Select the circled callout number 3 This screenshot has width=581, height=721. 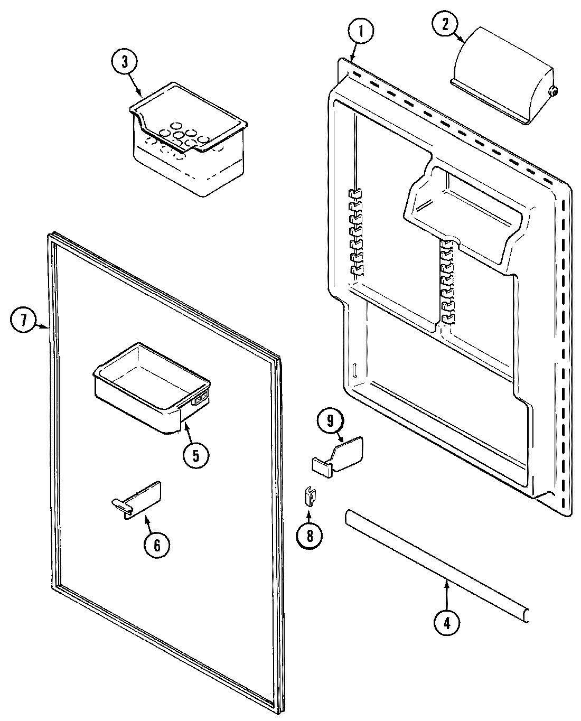pos(125,62)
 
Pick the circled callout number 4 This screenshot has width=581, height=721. pos(447,622)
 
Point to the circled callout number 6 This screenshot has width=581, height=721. pos(157,545)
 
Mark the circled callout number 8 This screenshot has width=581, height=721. pos(310,535)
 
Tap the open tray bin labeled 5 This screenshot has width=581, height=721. pos(151,388)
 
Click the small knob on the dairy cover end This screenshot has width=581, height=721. pos(553,91)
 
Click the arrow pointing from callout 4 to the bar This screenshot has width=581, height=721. pos(447,592)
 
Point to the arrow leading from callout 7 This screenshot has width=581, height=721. pos(43,326)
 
